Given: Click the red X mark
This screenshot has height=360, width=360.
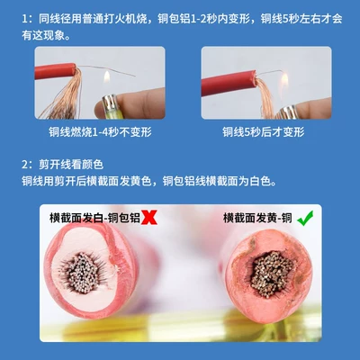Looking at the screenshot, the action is [149, 218].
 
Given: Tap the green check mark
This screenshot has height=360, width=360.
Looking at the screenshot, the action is [305, 218].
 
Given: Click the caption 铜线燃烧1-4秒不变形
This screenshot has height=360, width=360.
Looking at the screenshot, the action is [100, 132].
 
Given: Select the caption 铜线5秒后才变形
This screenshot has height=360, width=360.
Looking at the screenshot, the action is [264, 132].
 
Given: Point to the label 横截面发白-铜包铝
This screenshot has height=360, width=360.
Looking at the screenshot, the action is [94, 218].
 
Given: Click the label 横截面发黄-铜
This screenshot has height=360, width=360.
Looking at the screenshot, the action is [257, 218].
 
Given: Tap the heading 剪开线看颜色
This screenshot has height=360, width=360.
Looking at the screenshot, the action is [71, 165].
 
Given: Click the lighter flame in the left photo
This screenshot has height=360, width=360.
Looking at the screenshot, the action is [107, 77].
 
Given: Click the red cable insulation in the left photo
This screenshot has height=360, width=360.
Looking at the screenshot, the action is [55, 71].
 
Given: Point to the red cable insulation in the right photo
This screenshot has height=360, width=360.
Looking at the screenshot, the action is [229, 83].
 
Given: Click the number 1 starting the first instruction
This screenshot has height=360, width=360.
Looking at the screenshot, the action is [25, 19].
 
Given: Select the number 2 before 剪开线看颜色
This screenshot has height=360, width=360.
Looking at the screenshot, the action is [25, 165].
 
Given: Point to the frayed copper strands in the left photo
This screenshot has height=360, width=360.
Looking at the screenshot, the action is [65, 96].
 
